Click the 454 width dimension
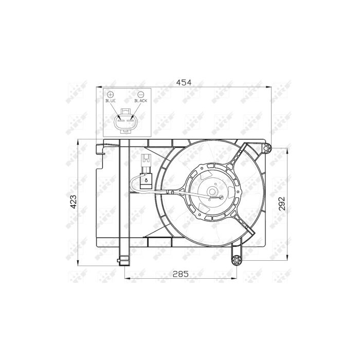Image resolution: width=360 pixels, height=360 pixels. [x=184, y=82]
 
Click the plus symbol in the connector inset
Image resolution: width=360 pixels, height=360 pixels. [x=111, y=94]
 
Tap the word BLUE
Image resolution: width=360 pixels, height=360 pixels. [x=111, y=101]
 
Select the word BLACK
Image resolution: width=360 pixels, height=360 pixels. [x=140, y=101]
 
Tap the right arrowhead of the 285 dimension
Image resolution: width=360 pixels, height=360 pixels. [x=235, y=280]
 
